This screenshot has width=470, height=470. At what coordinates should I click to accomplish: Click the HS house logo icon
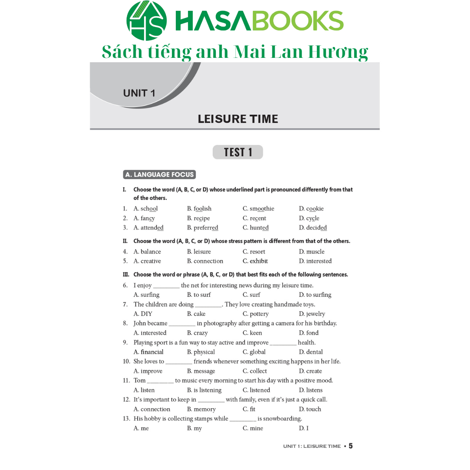pos(146,20)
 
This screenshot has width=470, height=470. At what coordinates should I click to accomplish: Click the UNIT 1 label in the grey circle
pos(139,93)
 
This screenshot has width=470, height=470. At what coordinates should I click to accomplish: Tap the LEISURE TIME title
pos(238,119)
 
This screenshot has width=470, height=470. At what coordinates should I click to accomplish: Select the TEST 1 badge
pos(238,152)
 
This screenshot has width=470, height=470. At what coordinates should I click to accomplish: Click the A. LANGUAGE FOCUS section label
pos(159,175)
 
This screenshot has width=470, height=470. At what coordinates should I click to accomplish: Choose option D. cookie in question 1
pos(311,209)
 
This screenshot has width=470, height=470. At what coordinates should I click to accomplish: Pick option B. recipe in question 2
pos(198,218)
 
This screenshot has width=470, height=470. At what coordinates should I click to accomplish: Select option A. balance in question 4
pos(147,252)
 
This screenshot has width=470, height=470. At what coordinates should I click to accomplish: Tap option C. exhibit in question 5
pos(255,261)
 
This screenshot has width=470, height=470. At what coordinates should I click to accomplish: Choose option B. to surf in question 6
pos(199,295)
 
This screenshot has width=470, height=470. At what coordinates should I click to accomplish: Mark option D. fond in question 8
pos(309,333)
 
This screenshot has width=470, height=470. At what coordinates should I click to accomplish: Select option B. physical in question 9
pos(201,352)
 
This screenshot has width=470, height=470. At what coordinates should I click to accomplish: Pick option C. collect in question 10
pos(255,371)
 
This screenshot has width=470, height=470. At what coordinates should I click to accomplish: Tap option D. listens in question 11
pos(311,390)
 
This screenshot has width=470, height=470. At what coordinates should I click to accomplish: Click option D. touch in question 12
pos(310,410)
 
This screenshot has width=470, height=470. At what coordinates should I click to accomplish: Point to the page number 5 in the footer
pos(351,446)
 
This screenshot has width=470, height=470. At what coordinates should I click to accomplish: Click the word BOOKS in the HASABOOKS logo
pos(298,21)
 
